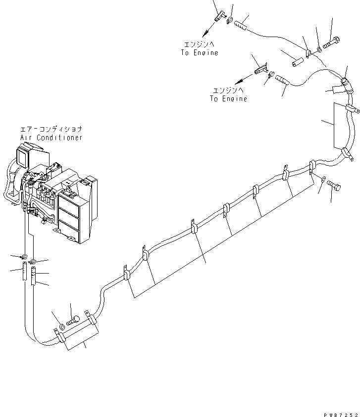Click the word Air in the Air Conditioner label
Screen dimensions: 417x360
(27, 138)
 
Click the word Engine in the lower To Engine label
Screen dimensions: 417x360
(234, 99)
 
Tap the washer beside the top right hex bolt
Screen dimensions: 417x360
(320, 47)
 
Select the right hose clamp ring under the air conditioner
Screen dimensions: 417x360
(34, 261)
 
